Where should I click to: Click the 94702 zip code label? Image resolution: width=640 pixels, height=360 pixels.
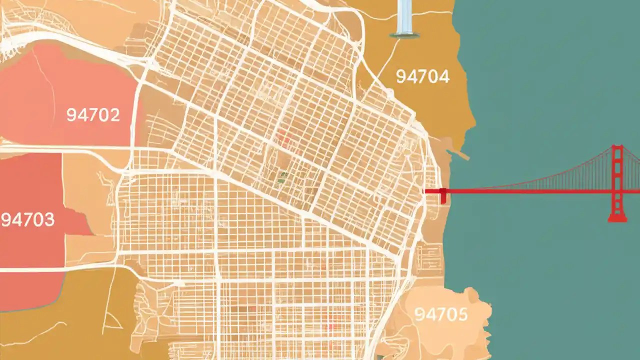coord(93,115)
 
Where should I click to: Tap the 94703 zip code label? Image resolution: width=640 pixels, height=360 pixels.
coord(27,219)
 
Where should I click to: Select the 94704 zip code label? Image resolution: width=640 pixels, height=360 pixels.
coord(422,76)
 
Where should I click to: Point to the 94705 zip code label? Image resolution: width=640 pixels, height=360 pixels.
coord(441,314)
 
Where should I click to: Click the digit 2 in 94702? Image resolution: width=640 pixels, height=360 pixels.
coord(114,115)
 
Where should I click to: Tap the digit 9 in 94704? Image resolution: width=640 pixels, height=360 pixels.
coord(400,76)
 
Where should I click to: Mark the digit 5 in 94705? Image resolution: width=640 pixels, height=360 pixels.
coord(462,314)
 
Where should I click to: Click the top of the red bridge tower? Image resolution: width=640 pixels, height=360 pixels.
coord(618,148)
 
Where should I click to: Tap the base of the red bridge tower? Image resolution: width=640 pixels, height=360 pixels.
coord(617,218)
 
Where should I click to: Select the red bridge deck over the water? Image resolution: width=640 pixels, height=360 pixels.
coord(525,190)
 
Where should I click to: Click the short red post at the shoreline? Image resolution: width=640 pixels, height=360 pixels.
coord(443,195)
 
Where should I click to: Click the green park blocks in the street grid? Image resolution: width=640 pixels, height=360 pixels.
coord(283,176)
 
